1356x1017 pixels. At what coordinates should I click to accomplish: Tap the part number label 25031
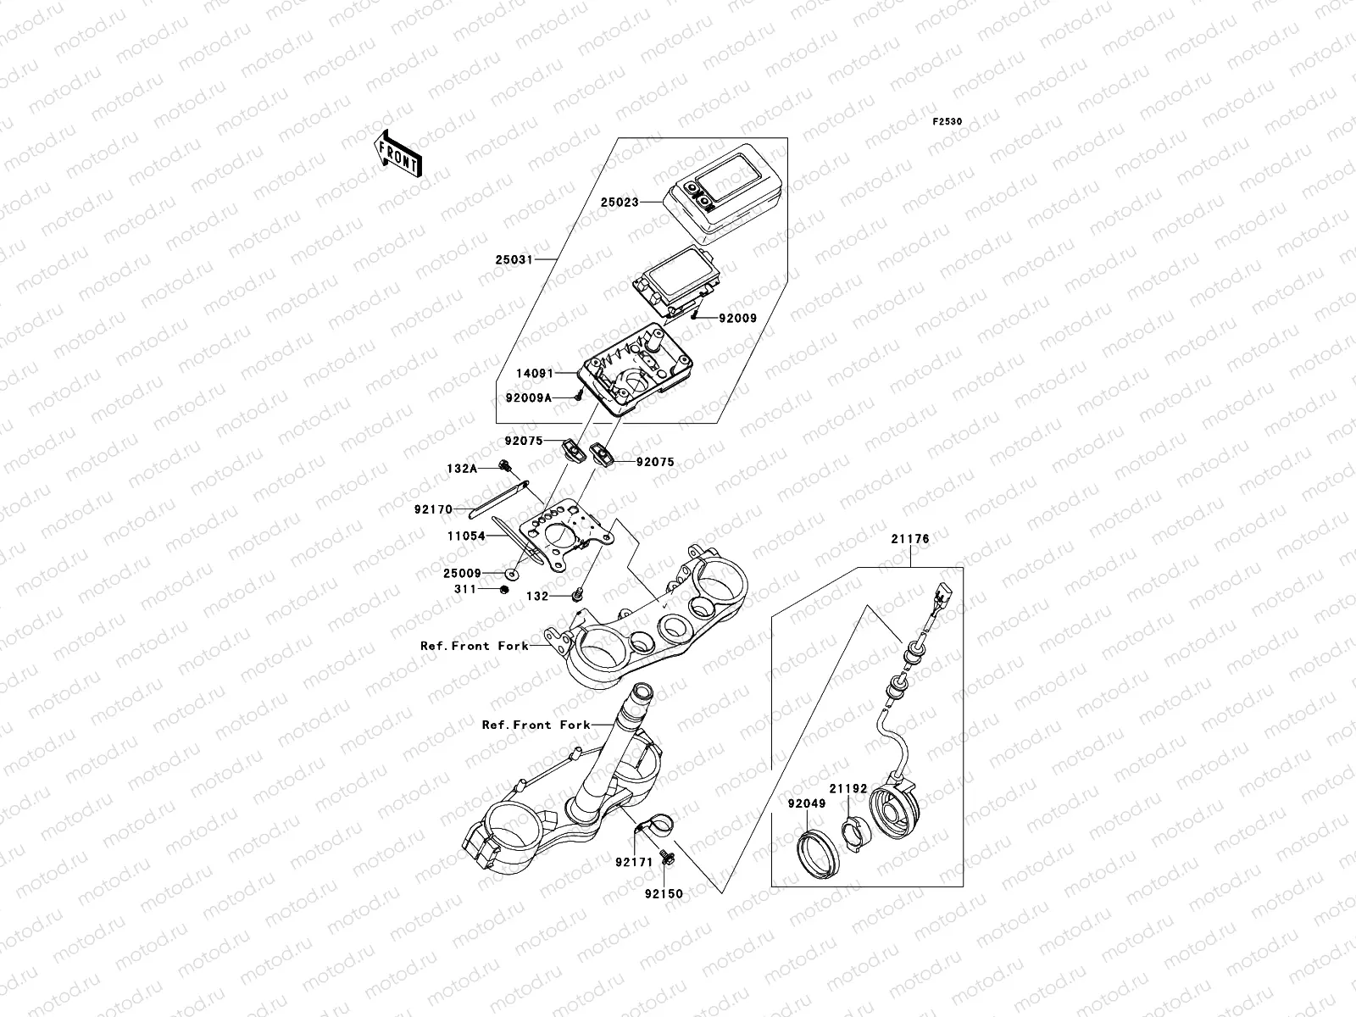click(514, 259)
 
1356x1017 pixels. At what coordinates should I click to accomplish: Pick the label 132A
click(463, 468)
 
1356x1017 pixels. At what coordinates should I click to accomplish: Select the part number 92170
click(435, 510)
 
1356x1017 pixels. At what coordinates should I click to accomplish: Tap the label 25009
click(462, 573)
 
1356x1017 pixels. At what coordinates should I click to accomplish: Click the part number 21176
click(909, 539)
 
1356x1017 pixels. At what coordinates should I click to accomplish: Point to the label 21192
click(847, 788)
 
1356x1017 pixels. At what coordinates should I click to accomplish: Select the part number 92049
click(807, 803)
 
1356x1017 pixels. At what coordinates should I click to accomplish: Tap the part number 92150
click(662, 893)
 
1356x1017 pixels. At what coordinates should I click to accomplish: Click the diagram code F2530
click(948, 122)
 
